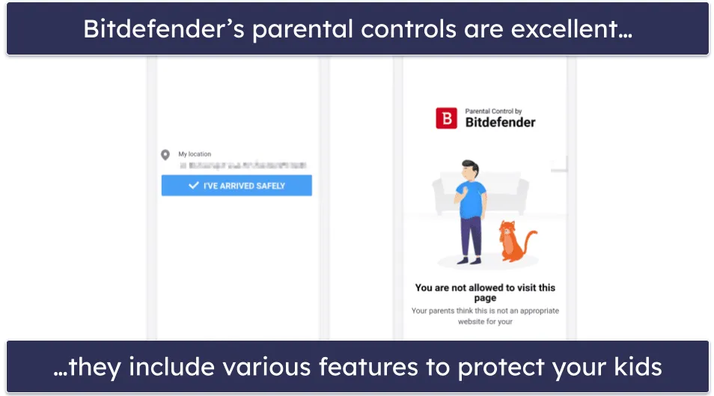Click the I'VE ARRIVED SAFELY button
[x=237, y=186]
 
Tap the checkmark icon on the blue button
[x=194, y=185]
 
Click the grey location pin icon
[x=165, y=155]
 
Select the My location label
[x=195, y=154]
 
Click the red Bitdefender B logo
[x=447, y=118]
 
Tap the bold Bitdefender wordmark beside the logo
[x=500, y=123]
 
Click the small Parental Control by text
[x=494, y=112]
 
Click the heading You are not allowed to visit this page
[x=485, y=292]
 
